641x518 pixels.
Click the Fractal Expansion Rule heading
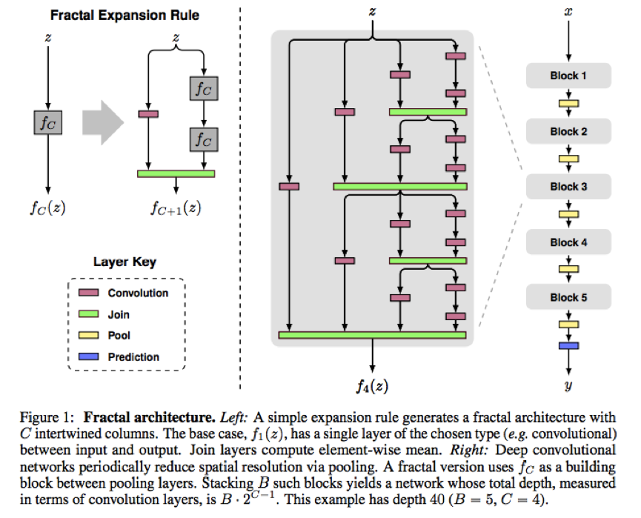tap(124, 15)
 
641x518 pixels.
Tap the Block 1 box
tap(568, 76)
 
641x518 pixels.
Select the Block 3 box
tap(568, 187)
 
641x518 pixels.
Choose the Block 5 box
tap(568, 297)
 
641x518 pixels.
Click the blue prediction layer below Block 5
tap(568, 345)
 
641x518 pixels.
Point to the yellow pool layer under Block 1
tap(568, 104)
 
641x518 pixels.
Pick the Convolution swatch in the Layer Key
tap(89, 292)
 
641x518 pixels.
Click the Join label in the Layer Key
tap(119, 314)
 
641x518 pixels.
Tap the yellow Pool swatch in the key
tap(89, 335)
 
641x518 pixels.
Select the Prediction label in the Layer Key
tap(133, 357)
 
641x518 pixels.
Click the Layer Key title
tap(124, 262)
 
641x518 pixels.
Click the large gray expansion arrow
tap(103, 122)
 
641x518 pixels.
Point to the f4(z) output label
tap(372, 385)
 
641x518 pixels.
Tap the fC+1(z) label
tap(176, 208)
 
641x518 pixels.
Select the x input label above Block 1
tap(568, 12)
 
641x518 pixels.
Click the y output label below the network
tap(568, 385)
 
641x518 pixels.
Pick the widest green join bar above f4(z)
tap(372, 335)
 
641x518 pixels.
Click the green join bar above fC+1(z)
tap(176, 173)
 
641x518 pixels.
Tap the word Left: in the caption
tap(234, 417)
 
